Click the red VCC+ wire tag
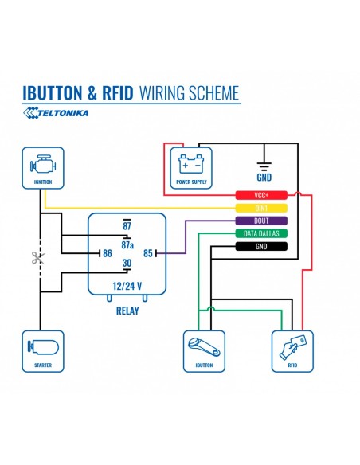click(x=261, y=195)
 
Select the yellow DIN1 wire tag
click(x=261, y=208)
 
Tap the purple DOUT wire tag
click(x=261, y=221)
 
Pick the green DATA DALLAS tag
click(x=261, y=233)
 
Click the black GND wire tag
click(x=261, y=246)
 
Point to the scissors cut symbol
click(x=38, y=257)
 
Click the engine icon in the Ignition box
click(x=43, y=164)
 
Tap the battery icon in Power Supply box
click(x=191, y=164)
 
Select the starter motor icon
click(x=43, y=347)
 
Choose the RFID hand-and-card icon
click(x=292, y=347)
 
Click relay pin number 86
click(x=108, y=253)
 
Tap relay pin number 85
click(x=148, y=253)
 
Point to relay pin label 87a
click(x=127, y=245)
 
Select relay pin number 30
click(x=127, y=263)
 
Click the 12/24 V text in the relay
click(x=127, y=286)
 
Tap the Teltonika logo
click(x=56, y=113)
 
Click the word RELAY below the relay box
click(x=127, y=311)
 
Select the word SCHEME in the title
click(x=213, y=93)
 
